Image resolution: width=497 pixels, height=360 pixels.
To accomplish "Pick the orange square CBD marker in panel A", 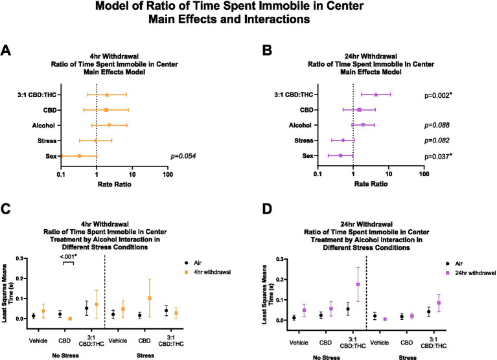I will tap(106, 110).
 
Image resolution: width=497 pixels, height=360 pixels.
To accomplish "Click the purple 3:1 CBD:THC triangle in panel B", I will tap(376, 95).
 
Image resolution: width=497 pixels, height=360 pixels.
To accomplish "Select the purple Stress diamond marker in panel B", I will tap(343, 141).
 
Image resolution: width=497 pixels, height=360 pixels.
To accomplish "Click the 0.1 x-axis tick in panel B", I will tap(317, 174).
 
